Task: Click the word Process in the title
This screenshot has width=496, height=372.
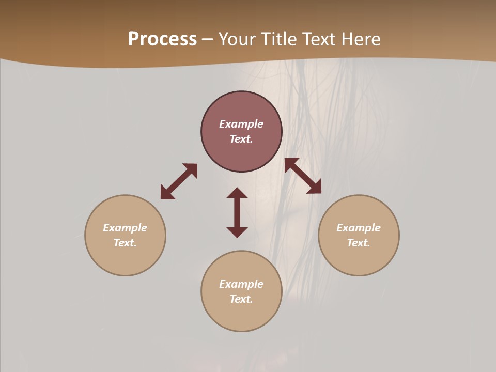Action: [x=162, y=39]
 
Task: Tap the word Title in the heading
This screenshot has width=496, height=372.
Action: [x=278, y=39]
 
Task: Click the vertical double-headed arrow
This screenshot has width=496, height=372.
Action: [x=237, y=212]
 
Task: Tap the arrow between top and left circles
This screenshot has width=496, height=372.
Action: [x=179, y=181]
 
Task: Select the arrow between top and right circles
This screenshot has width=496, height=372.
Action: [x=303, y=176]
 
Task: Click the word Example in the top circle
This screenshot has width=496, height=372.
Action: [x=241, y=124]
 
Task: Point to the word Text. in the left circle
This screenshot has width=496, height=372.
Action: [x=125, y=243]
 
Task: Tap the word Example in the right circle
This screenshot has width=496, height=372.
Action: [x=359, y=228]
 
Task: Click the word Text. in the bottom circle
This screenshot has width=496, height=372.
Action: [x=241, y=299]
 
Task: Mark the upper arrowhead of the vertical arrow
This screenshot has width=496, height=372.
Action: [x=237, y=193]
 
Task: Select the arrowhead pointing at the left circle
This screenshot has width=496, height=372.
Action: [x=166, y=193]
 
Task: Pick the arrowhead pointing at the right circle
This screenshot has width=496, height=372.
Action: [x=315, y=188]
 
